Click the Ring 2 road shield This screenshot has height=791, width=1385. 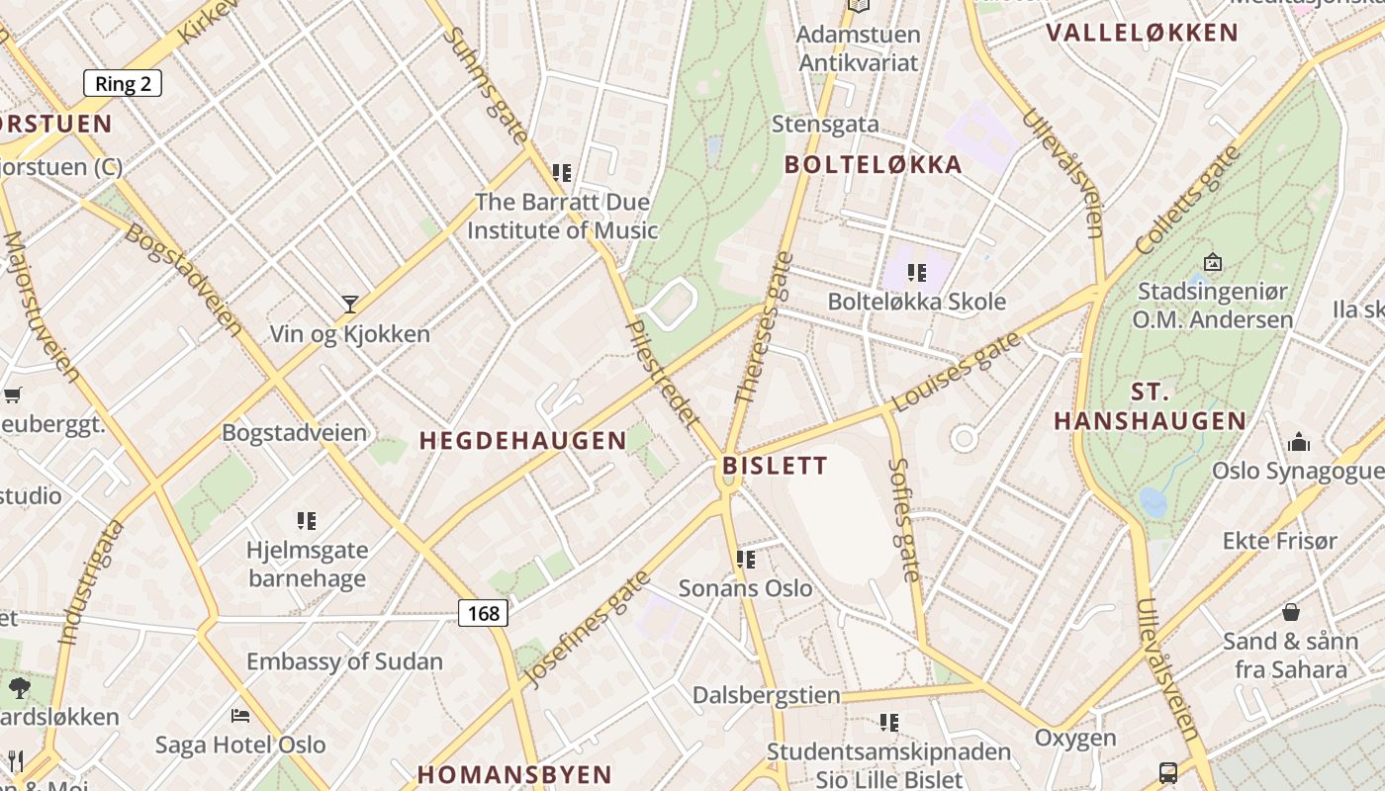123,83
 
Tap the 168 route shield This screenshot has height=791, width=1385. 483,613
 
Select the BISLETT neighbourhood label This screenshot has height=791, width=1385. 775,465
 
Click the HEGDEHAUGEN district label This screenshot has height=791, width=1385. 523,441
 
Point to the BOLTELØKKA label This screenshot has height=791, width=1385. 874,165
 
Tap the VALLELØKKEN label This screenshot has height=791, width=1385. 1143,33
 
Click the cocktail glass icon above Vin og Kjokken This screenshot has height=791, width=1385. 349,304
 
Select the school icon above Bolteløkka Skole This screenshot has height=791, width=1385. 917,272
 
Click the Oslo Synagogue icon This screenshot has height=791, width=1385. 1299,442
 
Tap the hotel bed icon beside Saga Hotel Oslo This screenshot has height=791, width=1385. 239,715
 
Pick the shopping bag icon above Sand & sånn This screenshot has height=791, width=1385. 1290,612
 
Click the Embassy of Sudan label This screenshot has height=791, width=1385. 344,661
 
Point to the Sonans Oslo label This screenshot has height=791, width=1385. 745,588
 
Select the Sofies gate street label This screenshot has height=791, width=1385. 905,519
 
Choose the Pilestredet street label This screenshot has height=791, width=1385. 664,375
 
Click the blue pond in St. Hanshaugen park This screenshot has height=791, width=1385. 1154,501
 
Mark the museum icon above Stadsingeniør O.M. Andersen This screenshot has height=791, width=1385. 1213,262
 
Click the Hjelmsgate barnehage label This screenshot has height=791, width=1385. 308,564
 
